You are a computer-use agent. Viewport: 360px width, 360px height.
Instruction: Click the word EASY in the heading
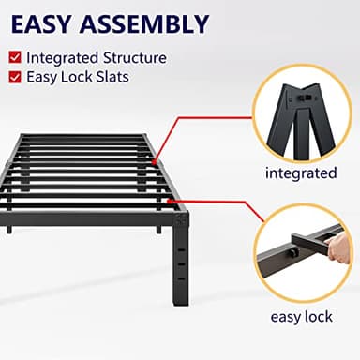click(x=48, y=22)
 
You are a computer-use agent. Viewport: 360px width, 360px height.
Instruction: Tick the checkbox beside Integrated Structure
click(x=16, y=58)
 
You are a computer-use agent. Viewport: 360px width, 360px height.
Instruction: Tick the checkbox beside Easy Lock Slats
click(x=16, y=77)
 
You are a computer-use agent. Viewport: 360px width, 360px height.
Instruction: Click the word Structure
click(x=136, y=58)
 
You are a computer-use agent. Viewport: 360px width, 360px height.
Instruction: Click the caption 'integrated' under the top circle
click(x=300, y=172)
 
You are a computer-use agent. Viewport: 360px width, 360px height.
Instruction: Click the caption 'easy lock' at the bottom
click(x=300, y=317)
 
